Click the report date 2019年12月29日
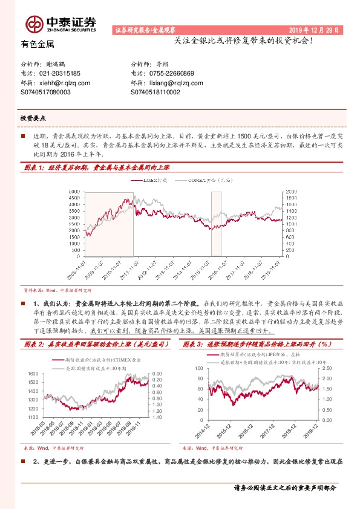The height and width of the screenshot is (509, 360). click(313, 29)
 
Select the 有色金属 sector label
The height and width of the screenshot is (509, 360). click(38, 44)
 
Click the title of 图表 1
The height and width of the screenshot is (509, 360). click(96, 167)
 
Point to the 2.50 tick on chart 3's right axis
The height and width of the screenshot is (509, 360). click(327, 368)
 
